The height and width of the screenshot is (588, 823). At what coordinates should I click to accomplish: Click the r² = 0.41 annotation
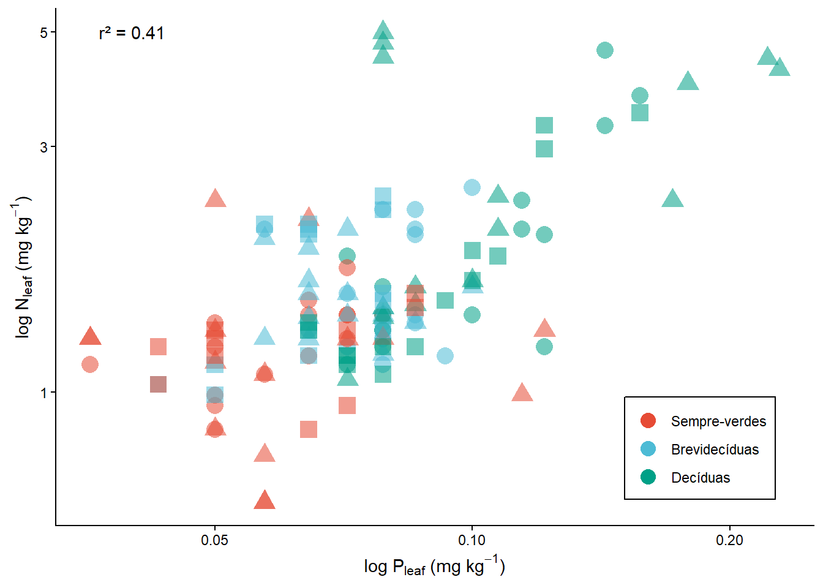131,33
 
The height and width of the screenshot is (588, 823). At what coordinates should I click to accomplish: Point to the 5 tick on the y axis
43,32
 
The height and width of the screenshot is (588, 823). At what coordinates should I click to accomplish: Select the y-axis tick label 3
43,147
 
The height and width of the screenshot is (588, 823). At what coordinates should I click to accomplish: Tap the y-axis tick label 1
43,393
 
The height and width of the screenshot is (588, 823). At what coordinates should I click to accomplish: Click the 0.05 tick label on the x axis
214,540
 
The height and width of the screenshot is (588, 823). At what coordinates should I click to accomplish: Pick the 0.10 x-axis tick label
472,540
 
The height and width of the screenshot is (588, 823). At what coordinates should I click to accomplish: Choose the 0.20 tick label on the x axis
729,540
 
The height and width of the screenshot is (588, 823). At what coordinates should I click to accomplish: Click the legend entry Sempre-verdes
718,421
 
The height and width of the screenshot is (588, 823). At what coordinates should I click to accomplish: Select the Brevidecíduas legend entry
715,450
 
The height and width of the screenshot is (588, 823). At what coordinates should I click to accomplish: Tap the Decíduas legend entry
701,478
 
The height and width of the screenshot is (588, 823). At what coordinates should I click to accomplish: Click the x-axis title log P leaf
434,567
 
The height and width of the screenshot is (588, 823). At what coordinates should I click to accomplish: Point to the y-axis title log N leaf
23,267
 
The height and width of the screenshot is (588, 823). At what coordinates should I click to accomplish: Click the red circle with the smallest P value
90,364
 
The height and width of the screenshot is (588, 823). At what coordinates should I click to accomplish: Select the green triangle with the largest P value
779,67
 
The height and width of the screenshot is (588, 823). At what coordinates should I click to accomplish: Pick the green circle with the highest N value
605,50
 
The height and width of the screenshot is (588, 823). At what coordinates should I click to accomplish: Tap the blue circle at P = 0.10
472,187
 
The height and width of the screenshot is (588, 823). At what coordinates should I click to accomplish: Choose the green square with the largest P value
640,113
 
